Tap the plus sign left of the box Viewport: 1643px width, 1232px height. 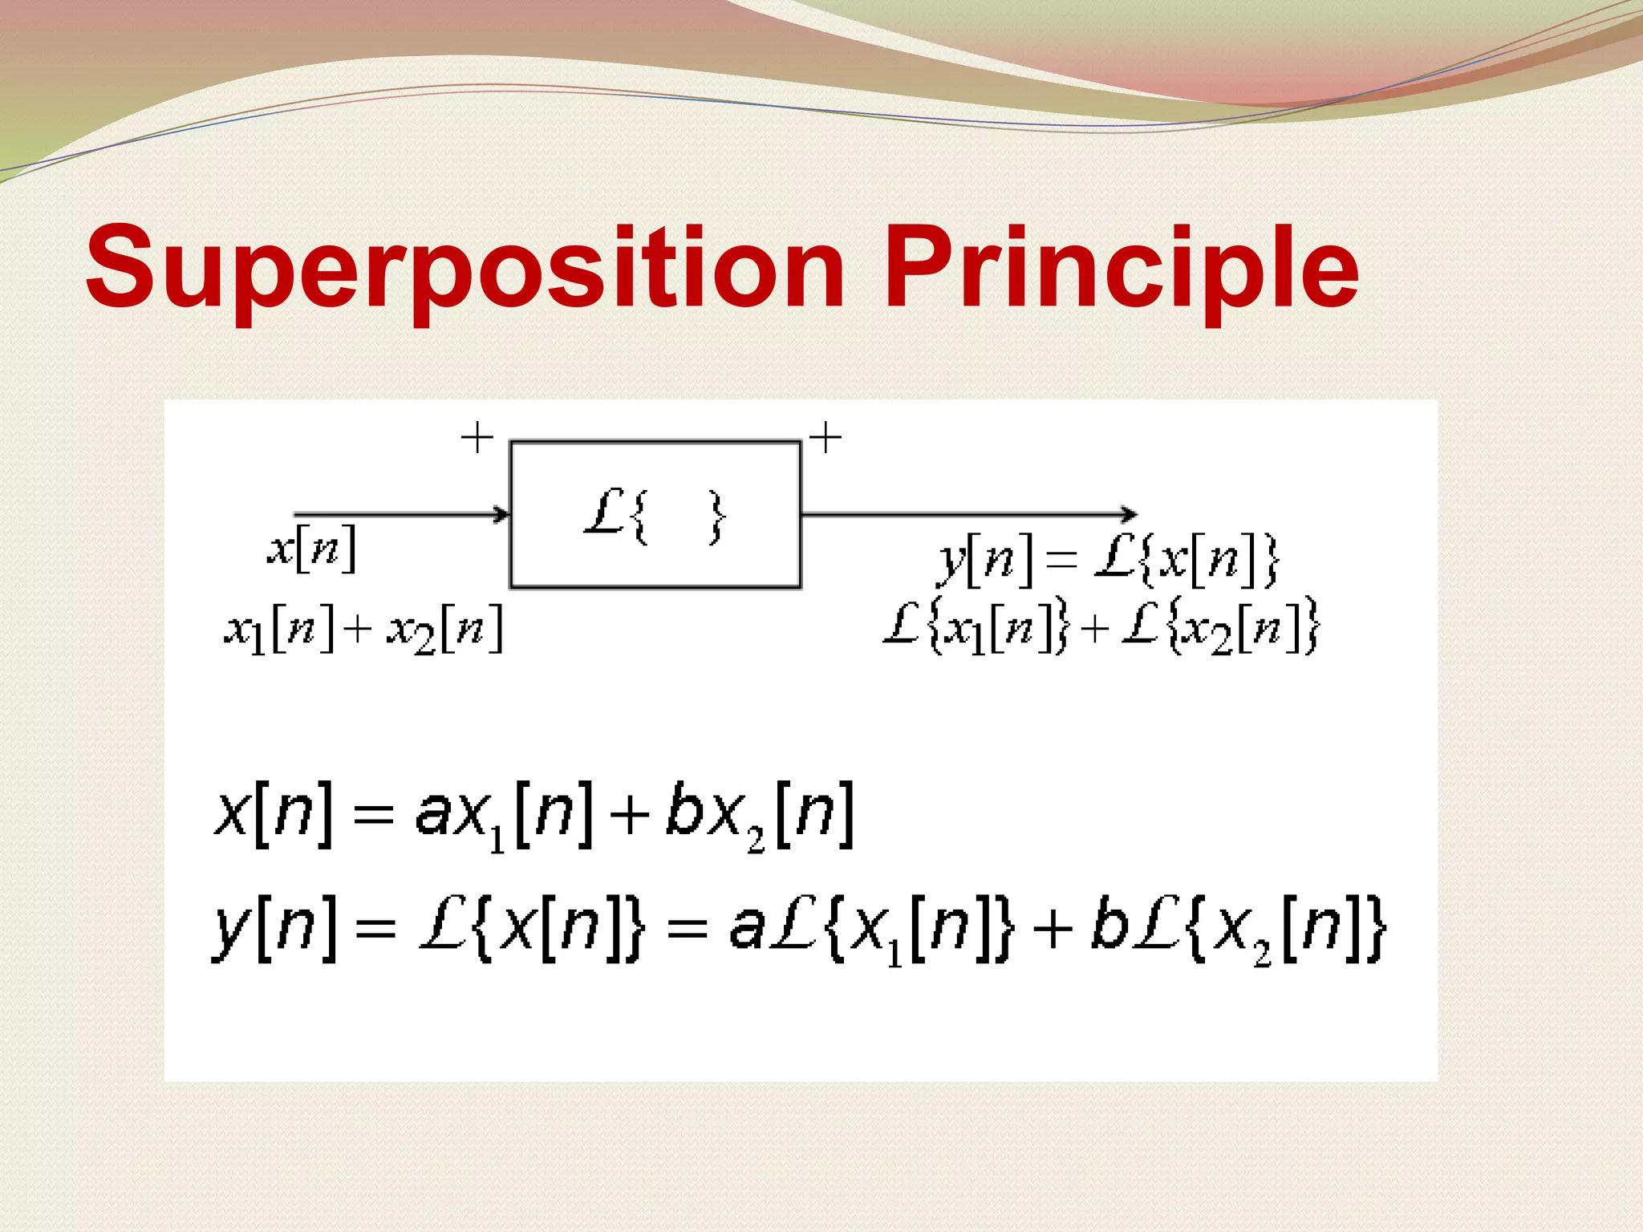(x=477, y=438)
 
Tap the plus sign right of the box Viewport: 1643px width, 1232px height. (x=825, y=438)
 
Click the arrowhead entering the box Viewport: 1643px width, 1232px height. (x=502, y=513)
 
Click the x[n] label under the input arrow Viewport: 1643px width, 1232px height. (x=312, y=549)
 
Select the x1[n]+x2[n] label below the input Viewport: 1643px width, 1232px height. (x=363, y=630)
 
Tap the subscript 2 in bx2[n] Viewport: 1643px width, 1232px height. (x=756, y=840)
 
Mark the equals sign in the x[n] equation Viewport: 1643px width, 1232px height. (x=373, y=817)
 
